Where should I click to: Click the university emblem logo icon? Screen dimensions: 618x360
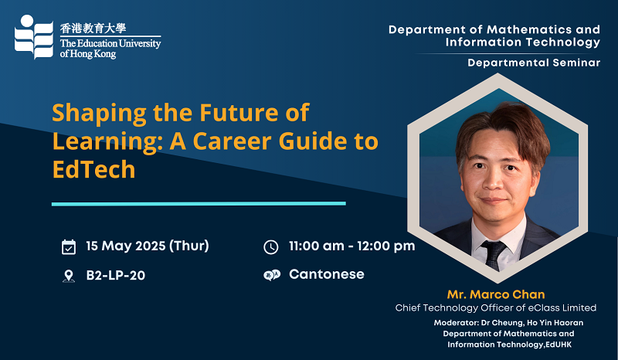point(34,36)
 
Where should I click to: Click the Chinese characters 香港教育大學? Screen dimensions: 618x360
point(93,28)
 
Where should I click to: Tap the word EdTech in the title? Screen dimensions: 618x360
point(93,169)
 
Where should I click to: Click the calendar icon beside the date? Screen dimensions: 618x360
point(69,247)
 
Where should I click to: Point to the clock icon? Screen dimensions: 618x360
point(271,247)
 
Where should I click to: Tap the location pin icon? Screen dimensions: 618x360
point(69,276)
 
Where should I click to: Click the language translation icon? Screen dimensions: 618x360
point(272,275)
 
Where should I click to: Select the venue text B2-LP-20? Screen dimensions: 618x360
point(115,275)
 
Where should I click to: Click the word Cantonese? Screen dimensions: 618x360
point(327,274)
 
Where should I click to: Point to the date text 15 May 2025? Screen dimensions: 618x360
point(126,246)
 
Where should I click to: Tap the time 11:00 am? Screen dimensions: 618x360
point(317,246)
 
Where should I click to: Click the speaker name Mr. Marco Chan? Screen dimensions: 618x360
point(496,294)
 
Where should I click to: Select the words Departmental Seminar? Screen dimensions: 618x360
point(534,63)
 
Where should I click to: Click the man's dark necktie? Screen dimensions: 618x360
point(494,254)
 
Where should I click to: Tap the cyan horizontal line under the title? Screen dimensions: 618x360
point(199,204)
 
